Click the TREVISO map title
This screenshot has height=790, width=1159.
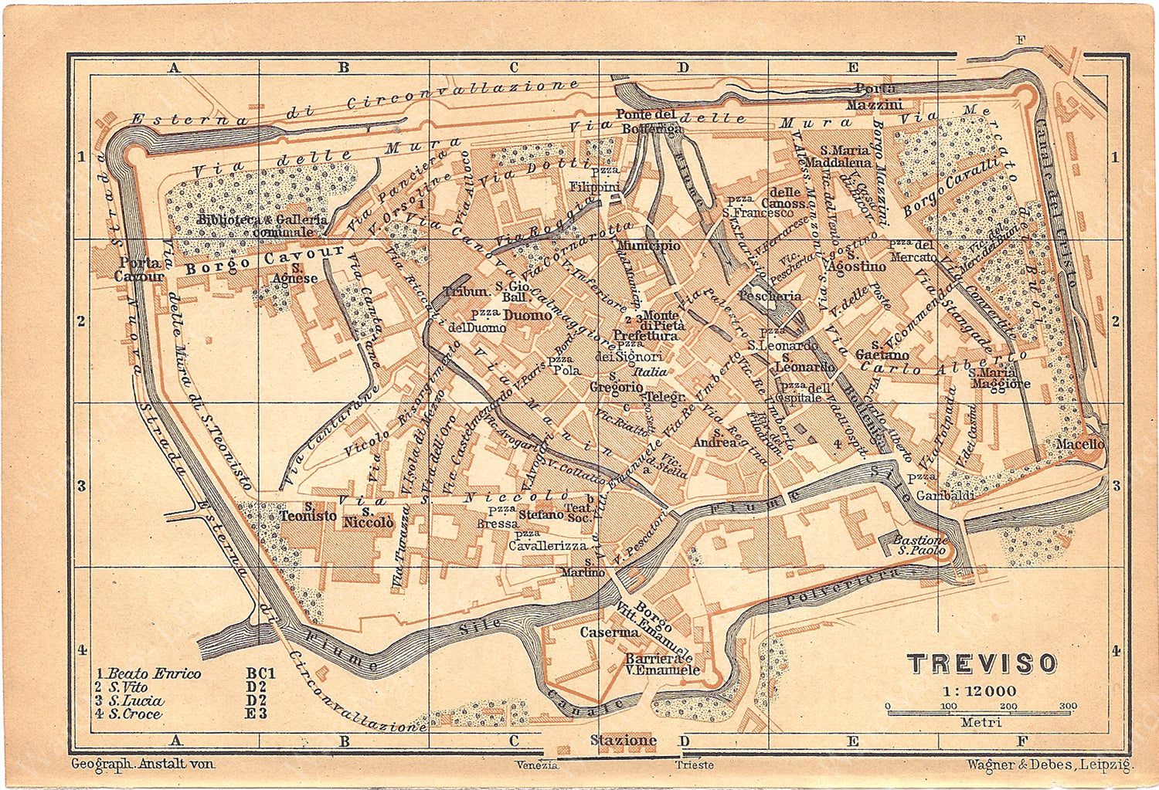pos(981,663)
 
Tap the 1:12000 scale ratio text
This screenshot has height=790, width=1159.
pos(979,691)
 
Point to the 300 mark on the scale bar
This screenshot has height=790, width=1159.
pos(1069,706)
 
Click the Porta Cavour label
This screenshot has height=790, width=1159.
pos(140,270)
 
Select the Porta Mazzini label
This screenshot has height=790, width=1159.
pos(875,97)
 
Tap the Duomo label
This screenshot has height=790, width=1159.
pos(528,315)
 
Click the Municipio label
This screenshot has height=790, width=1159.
pos(649,246)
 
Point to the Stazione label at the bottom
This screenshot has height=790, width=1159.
pos(623,740)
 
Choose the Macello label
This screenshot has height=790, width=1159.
pos(1080,444)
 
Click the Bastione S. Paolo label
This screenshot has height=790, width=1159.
pos(920,545)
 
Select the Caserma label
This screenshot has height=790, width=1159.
pos(610,632)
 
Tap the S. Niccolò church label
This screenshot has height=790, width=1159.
pos(368,519)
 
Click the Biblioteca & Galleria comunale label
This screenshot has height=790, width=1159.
pos(263,225)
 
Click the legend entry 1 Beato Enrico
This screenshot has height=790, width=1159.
pos(148,673)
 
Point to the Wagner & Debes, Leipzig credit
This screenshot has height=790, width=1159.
pos(1049,765)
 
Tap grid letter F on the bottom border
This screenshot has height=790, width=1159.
pos(1021,741)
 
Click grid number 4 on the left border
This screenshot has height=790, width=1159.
pos(81,650)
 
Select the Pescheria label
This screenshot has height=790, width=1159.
pos(770,296)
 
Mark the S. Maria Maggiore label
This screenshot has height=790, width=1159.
pos(1001,378)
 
